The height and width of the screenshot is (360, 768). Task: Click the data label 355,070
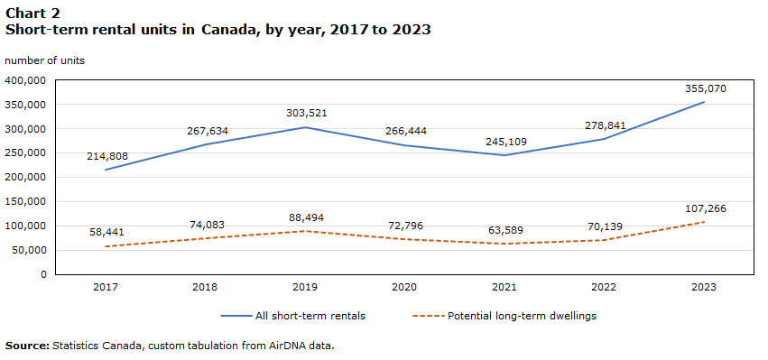click(704, 88)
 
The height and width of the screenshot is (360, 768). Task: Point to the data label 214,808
click(107, 156)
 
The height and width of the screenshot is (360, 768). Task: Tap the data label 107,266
click(704, 208)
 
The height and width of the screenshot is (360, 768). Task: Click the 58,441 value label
click(107, 232)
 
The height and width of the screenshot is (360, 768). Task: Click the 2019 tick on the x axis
click(306, 287)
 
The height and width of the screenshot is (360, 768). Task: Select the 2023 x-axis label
click(704, 287)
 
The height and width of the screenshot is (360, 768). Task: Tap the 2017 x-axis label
click(107, 287)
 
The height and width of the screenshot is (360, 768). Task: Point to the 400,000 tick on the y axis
click(26, 80)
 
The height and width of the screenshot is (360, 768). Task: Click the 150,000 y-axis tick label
click(26, 201)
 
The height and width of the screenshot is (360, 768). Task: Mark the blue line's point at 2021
click(504, 155)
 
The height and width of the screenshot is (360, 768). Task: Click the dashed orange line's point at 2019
click(306, 231)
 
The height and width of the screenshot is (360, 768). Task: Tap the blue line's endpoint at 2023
click(704, 102)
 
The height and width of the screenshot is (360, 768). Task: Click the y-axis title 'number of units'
click(44, 60)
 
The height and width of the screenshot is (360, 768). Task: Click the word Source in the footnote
click(26, 345)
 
